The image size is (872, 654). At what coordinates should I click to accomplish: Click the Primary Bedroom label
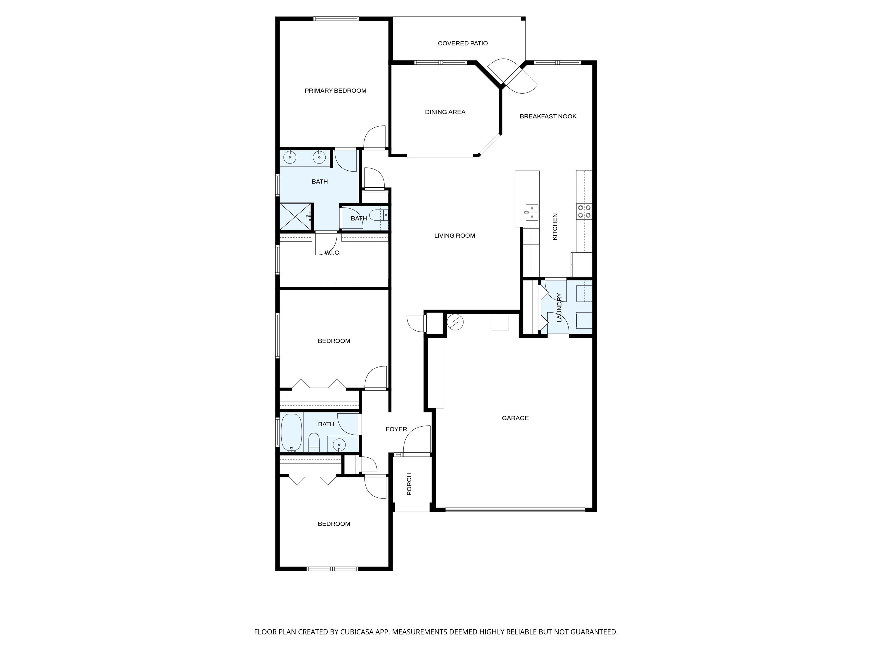coord(336,91)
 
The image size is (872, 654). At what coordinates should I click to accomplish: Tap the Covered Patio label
coord(463,43)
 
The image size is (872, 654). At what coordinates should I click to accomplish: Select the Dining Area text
coord(445,112)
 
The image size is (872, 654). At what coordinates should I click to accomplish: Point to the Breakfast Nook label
coord(548,116)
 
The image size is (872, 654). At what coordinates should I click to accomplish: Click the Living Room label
coord(454,236)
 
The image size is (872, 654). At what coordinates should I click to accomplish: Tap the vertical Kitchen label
coord(555,227)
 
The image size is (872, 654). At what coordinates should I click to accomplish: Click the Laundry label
coord(559,308)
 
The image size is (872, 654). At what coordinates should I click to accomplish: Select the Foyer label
coord(396,429)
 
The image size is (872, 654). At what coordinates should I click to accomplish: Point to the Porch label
coord(409,484)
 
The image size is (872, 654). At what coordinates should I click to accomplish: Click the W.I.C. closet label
coord(332,253)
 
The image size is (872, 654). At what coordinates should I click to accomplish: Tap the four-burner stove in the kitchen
coord(584,211)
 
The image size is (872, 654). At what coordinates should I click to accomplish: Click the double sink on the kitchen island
coord(532,212)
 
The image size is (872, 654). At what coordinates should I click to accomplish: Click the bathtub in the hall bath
coord(291,433)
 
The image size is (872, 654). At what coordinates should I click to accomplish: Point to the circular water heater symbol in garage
coord(455,322)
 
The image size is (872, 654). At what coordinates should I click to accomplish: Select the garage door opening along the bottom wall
coord(515,510)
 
